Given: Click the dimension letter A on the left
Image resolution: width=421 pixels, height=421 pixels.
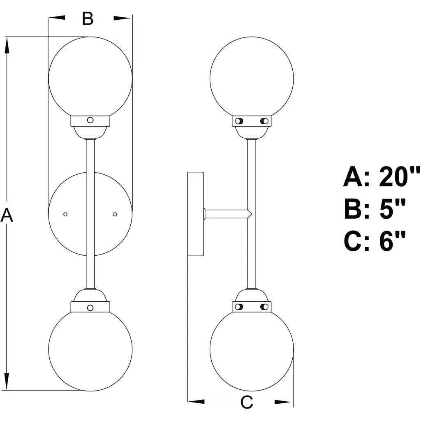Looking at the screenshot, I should (7, 215).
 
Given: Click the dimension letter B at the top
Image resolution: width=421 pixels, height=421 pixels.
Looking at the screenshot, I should (88, 19).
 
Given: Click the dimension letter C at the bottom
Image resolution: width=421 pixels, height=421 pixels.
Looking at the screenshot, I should (246, 402).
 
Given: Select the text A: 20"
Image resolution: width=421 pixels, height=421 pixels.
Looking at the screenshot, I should (382, 177).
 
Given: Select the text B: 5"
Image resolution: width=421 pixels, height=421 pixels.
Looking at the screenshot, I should (375, 209).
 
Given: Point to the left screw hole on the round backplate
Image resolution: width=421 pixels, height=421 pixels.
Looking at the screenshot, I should (65, 214).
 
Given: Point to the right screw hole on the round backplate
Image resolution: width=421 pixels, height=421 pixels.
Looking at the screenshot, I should (115, 214).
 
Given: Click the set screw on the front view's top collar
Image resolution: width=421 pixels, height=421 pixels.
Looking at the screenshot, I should (90, 120).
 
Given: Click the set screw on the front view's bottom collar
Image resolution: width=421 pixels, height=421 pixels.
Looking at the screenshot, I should (90, 307).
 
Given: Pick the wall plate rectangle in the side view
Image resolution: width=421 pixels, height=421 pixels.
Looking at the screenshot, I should (196, 214).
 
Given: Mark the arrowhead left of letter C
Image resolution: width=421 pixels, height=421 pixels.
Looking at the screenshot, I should (197, 401).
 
